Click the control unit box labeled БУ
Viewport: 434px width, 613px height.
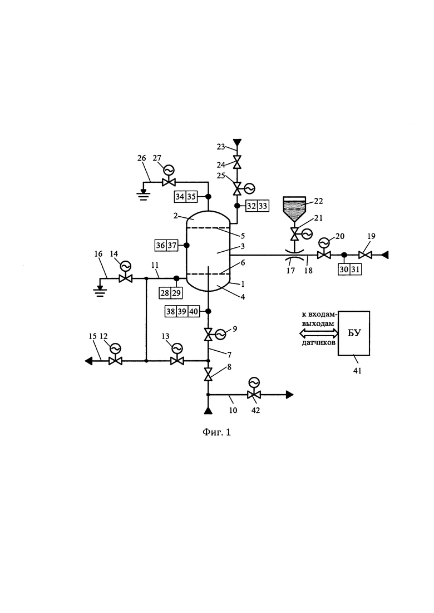pyautogui.click(x=354, y=333)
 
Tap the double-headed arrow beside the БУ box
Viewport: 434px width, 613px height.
pyautogui.click(x=319, y=333)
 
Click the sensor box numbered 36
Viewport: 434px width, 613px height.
pyautogui.click(x=161, y=246)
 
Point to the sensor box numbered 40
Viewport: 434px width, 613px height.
pyautogui.click(x=194, y=311)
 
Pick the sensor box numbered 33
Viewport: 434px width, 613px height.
pyautogui.click(x=263, y=206)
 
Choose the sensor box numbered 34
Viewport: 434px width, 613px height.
pyautogui.click(x=180, y=196)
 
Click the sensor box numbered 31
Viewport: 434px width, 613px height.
pyautogui.click(x=356, y=270)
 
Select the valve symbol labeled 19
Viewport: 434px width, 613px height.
pyautogui.click(x=365, y=255)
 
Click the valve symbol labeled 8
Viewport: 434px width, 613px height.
pyautogui.click(x=208, y=375)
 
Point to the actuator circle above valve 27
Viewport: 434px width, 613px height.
pyautogui.click(x=169, y=170)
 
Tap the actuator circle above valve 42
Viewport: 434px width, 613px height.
pyautogui.click(x=254, y=382)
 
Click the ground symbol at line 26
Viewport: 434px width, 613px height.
pyautogui.click(x=144, y=195)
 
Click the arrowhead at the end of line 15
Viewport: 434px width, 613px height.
pyautogui.click(x=89, y=361)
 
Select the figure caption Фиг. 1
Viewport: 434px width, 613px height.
pyautogui.click(x=217, y=432)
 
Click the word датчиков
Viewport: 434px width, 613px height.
pyautogui.click(x=319, y=343)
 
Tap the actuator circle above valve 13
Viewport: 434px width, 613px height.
pyautogui.click(x=177, y=348)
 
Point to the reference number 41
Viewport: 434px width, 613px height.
pyautogui.click(x=357, y=370)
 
